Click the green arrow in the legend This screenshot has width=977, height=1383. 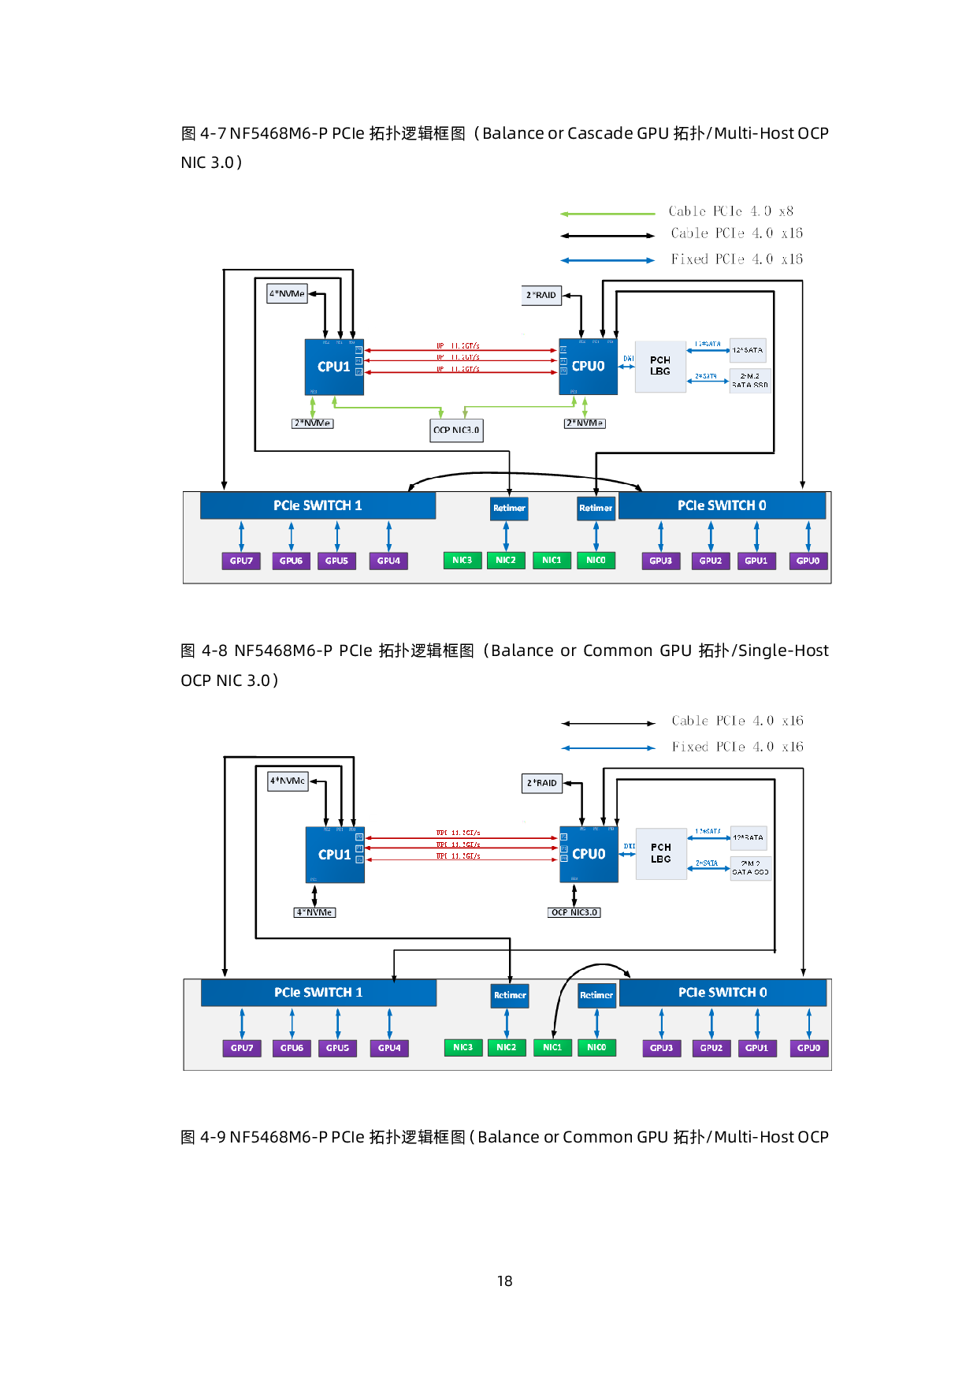[x=607, y=213]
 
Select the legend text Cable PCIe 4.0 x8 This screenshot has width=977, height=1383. [x=730, y=211]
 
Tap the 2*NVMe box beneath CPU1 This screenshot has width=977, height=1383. [x=313, y=423]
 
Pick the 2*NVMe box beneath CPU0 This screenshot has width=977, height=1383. [x=585, y=423]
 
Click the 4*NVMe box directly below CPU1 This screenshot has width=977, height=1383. [x=314, y=912]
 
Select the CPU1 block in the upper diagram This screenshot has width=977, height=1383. [x=334, y=367]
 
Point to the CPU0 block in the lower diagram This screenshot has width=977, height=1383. [x=589, y=854]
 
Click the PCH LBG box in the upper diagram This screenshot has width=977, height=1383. [x=660, y=366]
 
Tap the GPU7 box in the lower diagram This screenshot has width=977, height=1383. [x=242, y=1048]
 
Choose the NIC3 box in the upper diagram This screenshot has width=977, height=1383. [x=462, y=561]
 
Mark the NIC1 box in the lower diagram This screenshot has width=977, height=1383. [x=552, y=1048]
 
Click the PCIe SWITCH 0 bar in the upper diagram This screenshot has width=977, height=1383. [x=722, y=505]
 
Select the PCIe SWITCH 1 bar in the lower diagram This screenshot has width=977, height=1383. [x=318, y=993]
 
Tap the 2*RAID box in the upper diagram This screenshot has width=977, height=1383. [x=541, y=295]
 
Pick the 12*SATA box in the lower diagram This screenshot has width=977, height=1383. [x=748, y=837]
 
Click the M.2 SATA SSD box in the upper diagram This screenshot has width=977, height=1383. [x=750, y=381]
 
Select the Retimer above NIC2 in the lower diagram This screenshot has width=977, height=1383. [x=510, y=995]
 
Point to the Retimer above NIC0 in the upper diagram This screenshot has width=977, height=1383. [x=596, y=508]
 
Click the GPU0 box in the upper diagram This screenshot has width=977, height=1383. [x=808, y=561]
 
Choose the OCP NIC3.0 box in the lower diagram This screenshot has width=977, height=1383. [x=574, y=912]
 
